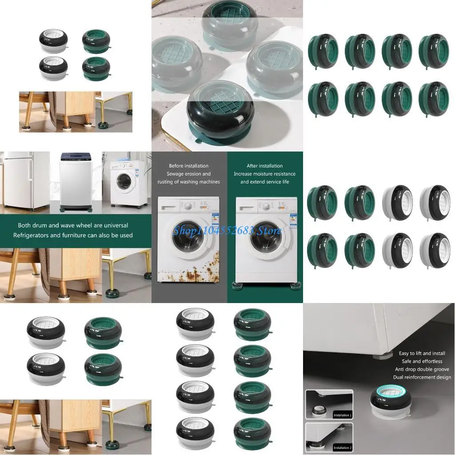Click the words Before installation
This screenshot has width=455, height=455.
[189, 166]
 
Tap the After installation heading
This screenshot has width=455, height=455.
[265, 166]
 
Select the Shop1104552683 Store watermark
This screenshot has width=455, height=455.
[227, 230]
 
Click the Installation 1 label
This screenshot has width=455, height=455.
[342, 415]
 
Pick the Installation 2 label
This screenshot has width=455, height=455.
[342, 447]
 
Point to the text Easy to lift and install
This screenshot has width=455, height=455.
[422, 353]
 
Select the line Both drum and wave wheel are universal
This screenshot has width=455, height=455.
[73, 225]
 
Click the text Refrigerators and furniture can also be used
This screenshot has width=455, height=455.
[73, 235]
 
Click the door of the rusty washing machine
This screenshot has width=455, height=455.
[188, 237]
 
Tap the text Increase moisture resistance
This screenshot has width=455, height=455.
[265, 174]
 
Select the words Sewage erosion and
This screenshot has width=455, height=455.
[189, 174]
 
